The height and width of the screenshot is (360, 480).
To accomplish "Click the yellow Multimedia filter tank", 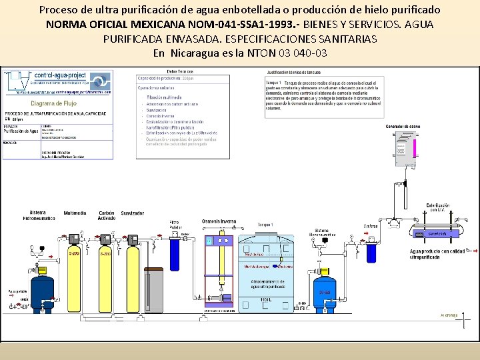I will pos(75,273).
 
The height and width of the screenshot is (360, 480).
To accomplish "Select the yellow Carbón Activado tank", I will pos(105,273).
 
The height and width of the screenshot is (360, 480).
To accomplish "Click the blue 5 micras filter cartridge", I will pos(371,253).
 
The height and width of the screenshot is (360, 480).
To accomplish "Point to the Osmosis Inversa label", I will pos(219,221).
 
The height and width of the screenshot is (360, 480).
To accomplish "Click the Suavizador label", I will pos(132,213).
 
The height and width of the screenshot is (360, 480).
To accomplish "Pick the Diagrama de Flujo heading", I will pos(53,103).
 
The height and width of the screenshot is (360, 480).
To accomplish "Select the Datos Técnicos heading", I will pos(180,71).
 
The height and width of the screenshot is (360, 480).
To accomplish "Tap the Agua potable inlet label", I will pos(17,291).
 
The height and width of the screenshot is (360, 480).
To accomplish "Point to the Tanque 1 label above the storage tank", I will pos(265,225).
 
